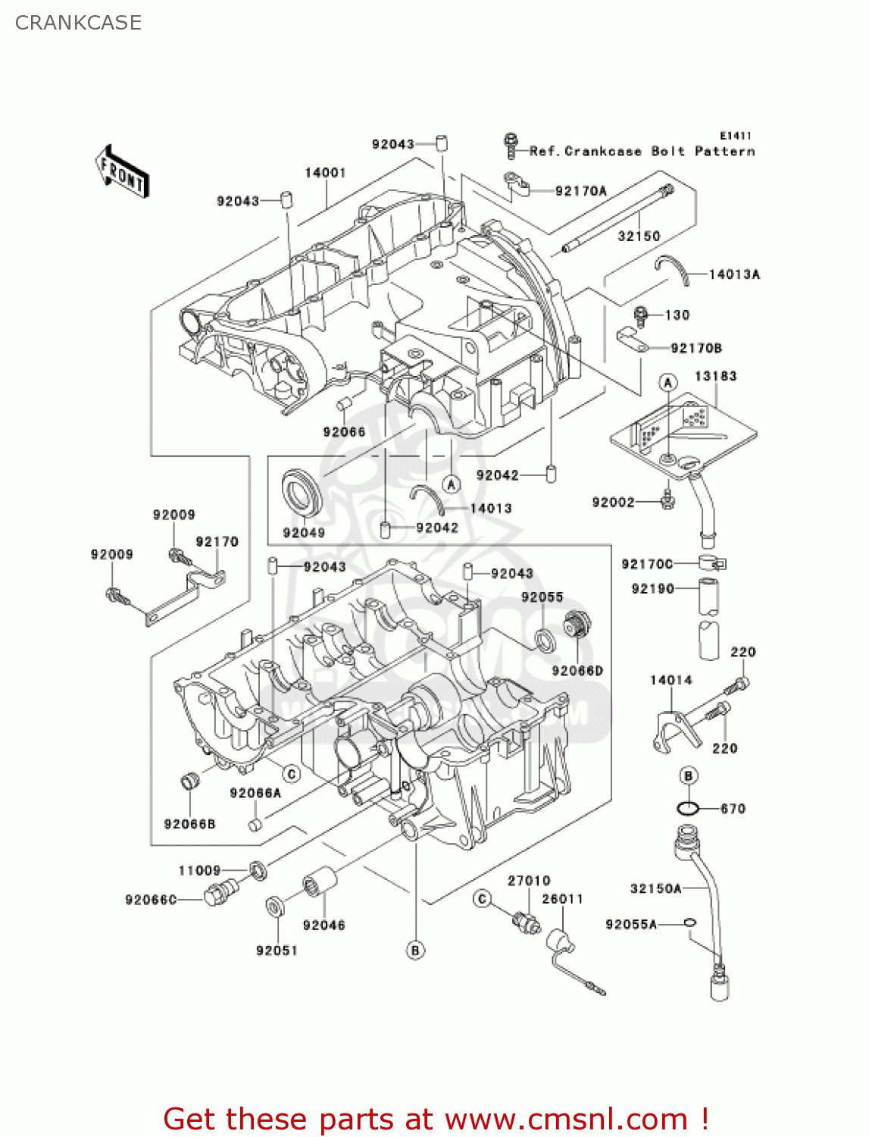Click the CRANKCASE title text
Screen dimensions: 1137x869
pos(78,23)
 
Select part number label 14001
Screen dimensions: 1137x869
pos(325,173)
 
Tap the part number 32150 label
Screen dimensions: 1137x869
pos(639,236)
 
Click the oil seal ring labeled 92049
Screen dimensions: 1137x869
pos(302,492)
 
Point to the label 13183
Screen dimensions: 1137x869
pos(715,376)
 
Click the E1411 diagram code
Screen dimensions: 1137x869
pos(735,136)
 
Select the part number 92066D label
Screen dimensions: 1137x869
pos(577,671)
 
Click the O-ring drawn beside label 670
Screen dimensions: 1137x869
pos(687,809)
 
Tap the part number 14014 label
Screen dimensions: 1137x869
pos(671,680)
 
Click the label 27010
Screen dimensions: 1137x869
pos(529,880)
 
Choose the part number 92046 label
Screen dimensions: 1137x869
pos(324,925)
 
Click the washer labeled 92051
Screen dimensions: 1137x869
pos(274,906)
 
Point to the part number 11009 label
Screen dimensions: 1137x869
pos(199,871)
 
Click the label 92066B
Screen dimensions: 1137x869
pos(189,824)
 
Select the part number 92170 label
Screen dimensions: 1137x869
pos(217,541)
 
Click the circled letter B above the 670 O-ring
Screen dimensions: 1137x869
pos(688,775)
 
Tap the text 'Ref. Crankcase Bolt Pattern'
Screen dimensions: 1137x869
pos(642,151)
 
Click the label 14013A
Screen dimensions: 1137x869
pos(733,274)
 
